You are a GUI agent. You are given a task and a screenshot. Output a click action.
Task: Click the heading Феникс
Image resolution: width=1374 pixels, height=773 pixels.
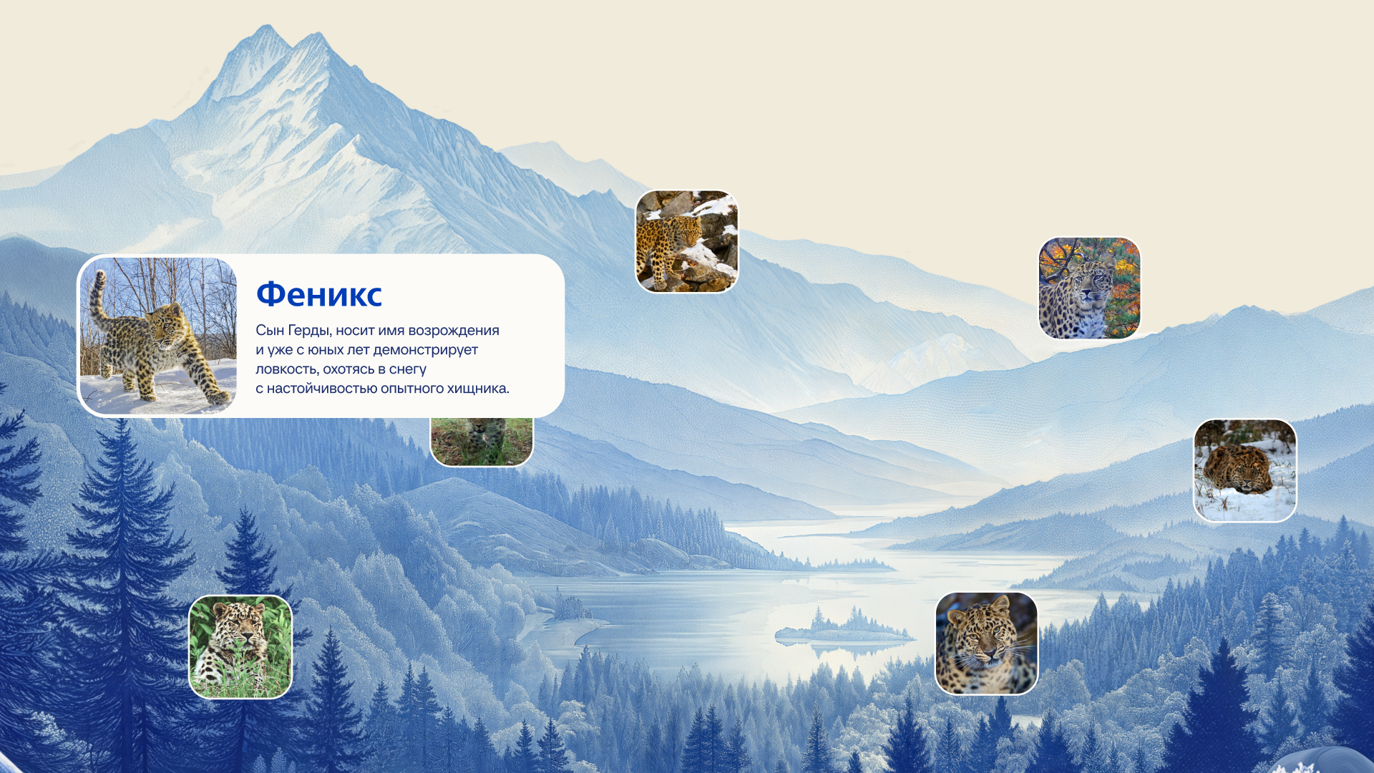(x=319, y=294)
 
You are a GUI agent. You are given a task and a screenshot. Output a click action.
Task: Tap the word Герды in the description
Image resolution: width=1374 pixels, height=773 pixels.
(x=309, y=331)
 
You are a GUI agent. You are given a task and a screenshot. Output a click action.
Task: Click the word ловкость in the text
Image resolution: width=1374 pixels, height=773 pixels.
(x=287, y=369)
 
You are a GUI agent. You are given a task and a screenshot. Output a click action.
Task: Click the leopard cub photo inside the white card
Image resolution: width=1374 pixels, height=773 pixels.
(x=158, y=336)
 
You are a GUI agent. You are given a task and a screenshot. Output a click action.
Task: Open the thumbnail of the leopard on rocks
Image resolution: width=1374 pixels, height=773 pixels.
(x=687, y=241)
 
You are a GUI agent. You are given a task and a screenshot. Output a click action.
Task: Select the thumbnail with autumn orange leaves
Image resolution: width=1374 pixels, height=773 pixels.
(x=1089, y=288)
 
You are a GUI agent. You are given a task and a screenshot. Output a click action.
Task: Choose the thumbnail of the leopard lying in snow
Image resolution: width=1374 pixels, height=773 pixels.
(x=1245, y=470)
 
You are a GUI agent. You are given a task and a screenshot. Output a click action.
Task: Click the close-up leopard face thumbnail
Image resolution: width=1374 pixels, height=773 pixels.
(x=986, y=643)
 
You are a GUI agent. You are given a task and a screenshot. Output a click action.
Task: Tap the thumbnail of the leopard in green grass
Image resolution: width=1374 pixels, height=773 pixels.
(x=240, y=646)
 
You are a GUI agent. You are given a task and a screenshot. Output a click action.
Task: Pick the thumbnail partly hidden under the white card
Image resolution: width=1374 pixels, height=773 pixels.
(x=482, y=442)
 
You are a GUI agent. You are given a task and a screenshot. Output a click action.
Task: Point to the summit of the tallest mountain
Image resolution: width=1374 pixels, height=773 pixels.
(x=266, y=26)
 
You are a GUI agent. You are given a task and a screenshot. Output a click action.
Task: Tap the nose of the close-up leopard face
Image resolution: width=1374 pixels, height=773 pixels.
(x=988, y=651)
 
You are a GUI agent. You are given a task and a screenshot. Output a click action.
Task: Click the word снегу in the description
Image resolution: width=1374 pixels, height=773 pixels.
(x=408, y=369)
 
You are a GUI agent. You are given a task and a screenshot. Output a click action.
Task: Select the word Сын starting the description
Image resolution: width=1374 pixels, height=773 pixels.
(x=270, y=331)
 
